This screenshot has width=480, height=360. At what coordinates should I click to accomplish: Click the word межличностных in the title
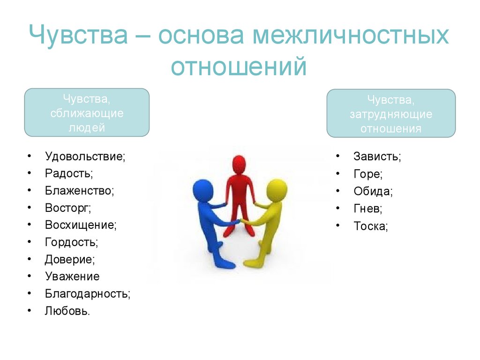point(351,35)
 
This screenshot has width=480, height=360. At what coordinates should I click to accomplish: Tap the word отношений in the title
point(239,66)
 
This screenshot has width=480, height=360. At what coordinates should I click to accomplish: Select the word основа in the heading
point(201,35)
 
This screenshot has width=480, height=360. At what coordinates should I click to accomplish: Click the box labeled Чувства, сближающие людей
point(87,112)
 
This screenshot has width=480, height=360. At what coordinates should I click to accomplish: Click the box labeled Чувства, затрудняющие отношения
point(391,113)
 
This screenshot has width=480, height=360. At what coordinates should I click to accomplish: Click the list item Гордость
point(71,242)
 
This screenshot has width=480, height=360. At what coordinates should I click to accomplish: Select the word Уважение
point(72,277)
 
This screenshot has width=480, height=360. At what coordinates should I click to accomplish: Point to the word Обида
point(373,191)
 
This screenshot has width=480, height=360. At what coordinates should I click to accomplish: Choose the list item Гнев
point(367,209)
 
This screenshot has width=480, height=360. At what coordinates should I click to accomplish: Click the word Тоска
point(370,226)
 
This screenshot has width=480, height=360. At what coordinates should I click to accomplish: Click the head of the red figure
point(239,165)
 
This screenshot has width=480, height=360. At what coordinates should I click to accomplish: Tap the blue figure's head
point(202,190)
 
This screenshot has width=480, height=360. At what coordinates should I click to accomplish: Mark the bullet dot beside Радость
point(30,173)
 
